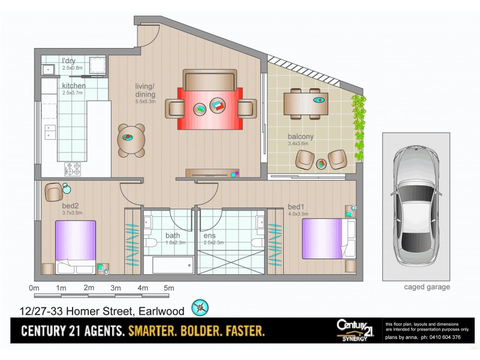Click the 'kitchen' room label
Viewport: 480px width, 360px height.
pyautogui.click(x=74, y=86)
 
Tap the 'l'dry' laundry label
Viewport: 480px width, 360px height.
pyautogui.click(x=68, y=61)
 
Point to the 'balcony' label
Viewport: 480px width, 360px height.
pyautogui.click(x=301, y=137)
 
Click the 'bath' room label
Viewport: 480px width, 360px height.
pyautogui.click(x=172, y=235)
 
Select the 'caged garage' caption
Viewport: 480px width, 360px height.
pyautogui.click(x=427, y=287)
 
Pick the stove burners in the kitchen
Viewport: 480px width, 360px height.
pyautogui.click(x=73, y=169)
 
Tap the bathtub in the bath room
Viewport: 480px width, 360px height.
pyautogui.click(x=172, y=265)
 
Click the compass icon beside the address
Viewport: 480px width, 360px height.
pyautogui.click(x=199, y=308)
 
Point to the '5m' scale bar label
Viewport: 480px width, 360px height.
pyautogui.click(x=169, y=288)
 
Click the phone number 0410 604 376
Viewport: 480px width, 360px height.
pyautogui.click(x=444, y=337)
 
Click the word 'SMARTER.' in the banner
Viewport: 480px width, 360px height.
pyautogui.click(x=157, y=331)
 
